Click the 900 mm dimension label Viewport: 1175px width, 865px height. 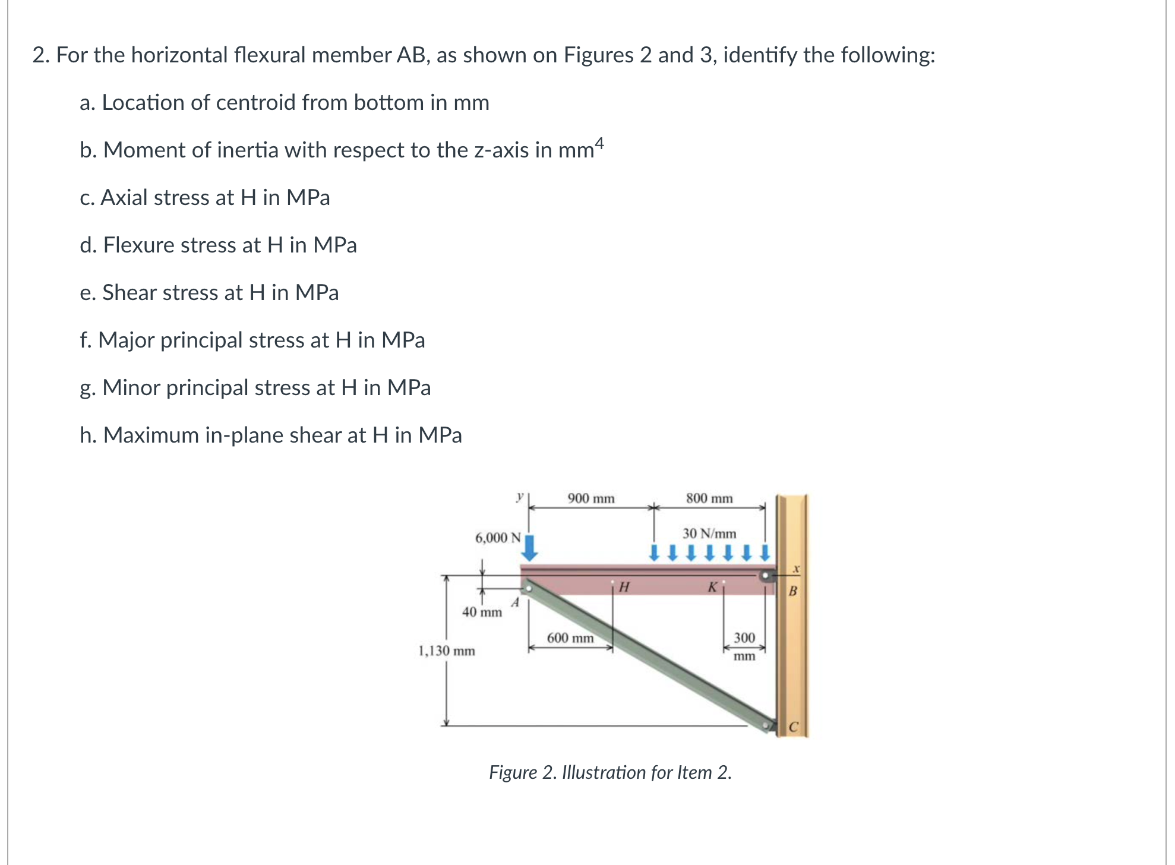(590, 498)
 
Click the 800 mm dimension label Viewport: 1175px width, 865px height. (709, 498)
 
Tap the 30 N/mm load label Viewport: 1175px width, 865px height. (709, 533)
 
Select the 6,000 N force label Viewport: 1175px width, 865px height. (498, 538)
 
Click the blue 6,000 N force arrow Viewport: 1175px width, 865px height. (530, 548)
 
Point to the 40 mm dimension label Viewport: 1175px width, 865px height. (482, 612)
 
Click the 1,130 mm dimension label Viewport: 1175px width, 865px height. (447, 651)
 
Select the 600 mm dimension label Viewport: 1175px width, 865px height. (570, 638)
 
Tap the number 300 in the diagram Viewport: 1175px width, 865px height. (744, 638)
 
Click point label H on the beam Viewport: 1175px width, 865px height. (624, 588)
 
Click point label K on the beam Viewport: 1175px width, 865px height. (712, 588)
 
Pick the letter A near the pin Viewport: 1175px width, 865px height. (515, 603)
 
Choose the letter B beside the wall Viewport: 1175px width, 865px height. (792, 591)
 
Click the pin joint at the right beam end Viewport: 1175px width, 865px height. (766, 576)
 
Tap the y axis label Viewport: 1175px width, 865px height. (520, 496)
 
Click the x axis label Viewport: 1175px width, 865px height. (797, 569)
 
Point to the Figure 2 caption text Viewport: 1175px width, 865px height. (610, 772)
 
